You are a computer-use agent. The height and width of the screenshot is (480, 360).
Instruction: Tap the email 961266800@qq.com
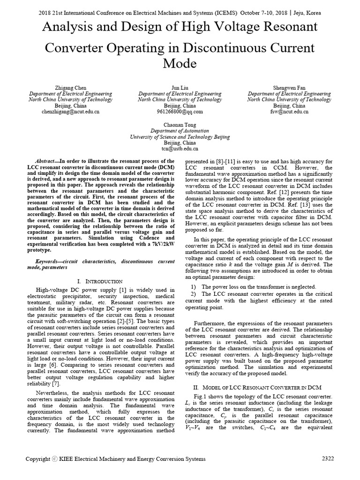tap(180, 112)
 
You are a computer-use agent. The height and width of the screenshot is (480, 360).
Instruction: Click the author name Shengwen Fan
tap(289, 88)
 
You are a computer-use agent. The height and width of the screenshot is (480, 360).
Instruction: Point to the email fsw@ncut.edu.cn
tap(289, 112)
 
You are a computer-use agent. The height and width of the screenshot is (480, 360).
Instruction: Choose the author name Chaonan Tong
tap(180, 125)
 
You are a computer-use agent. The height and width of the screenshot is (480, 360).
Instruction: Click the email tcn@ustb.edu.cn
tap(180, 149)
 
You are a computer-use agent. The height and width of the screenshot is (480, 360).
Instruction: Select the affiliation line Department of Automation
tap(180, 131)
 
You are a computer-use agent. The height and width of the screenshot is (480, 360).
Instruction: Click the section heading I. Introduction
tap(100, 281)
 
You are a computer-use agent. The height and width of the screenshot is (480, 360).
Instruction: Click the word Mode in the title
tap(180, 63)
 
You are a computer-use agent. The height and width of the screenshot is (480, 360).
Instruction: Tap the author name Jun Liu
tap(180, 88)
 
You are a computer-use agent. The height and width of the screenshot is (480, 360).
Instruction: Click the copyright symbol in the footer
tap(54, 459)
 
